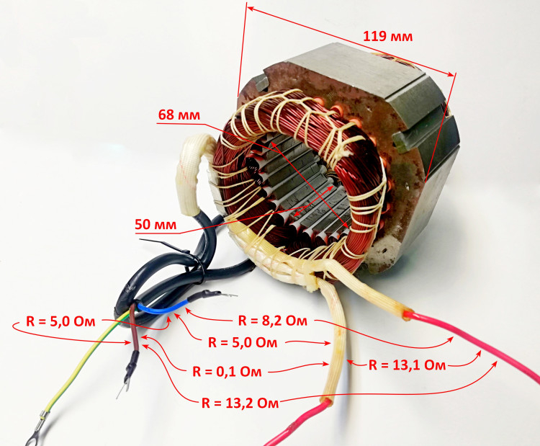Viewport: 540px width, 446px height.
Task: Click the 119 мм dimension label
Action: click(388, 36)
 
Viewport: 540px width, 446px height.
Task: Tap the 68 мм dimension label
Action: click(179, 115)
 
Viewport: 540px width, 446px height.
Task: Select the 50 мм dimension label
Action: click(156, 224)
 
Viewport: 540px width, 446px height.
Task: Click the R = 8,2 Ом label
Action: click(273, 321)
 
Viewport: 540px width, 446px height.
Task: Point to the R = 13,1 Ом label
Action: click(407, 365)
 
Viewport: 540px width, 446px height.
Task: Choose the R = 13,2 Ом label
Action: click(240, 403)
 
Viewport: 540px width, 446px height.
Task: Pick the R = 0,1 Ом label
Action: click(227, 372)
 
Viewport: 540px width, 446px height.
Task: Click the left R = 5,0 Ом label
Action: click(60, 321)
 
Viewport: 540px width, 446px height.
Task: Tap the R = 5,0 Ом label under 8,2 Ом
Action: click(243, 343)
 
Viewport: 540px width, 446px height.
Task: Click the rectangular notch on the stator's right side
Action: click(409, 139)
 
